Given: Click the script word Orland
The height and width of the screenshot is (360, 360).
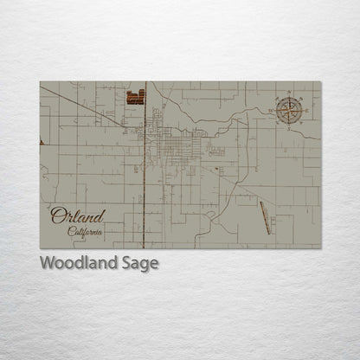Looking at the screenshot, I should (77, 215).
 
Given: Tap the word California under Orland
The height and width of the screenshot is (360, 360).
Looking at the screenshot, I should (86, 231).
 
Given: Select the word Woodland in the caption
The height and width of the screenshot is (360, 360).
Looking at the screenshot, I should (79, 264).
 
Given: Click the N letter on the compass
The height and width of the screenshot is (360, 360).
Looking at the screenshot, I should (288, 92).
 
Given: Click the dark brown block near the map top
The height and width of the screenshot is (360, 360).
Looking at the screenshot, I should (136, 97).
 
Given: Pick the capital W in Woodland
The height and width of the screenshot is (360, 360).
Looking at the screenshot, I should (48, 264).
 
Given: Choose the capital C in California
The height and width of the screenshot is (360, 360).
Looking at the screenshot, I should (71, 231).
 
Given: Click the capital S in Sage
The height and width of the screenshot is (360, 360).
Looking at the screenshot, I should (125, 264).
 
